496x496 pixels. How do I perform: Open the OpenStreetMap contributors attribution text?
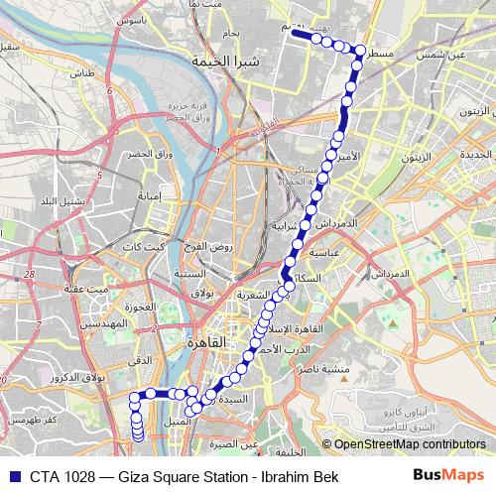tap(409, 444)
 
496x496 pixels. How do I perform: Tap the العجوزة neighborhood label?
tap(141, 308)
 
